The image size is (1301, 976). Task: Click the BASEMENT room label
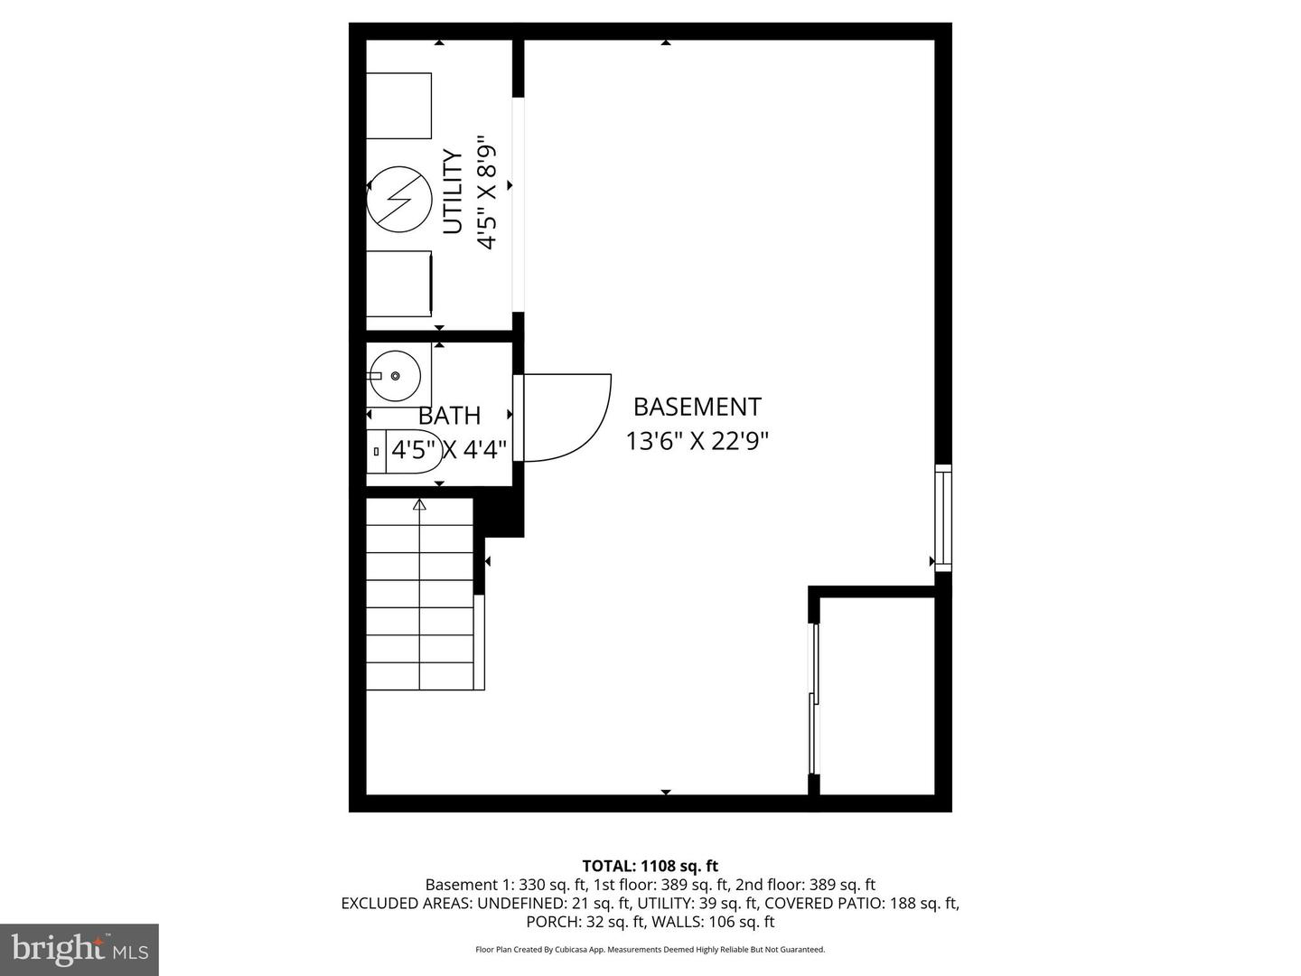(697, 407)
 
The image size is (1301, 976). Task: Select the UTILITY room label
(453, 192)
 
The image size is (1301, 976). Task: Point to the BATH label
(449, 416)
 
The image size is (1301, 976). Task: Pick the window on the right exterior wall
(942, 517)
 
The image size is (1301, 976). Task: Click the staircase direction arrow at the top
(419, 506)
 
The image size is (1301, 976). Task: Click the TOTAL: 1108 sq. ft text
(650, 866)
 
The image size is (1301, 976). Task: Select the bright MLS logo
(79, 949)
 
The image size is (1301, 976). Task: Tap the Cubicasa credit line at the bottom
(650, 950)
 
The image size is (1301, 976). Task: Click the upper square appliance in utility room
(398, 106)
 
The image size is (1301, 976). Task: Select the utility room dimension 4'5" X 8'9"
(488, 192)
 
